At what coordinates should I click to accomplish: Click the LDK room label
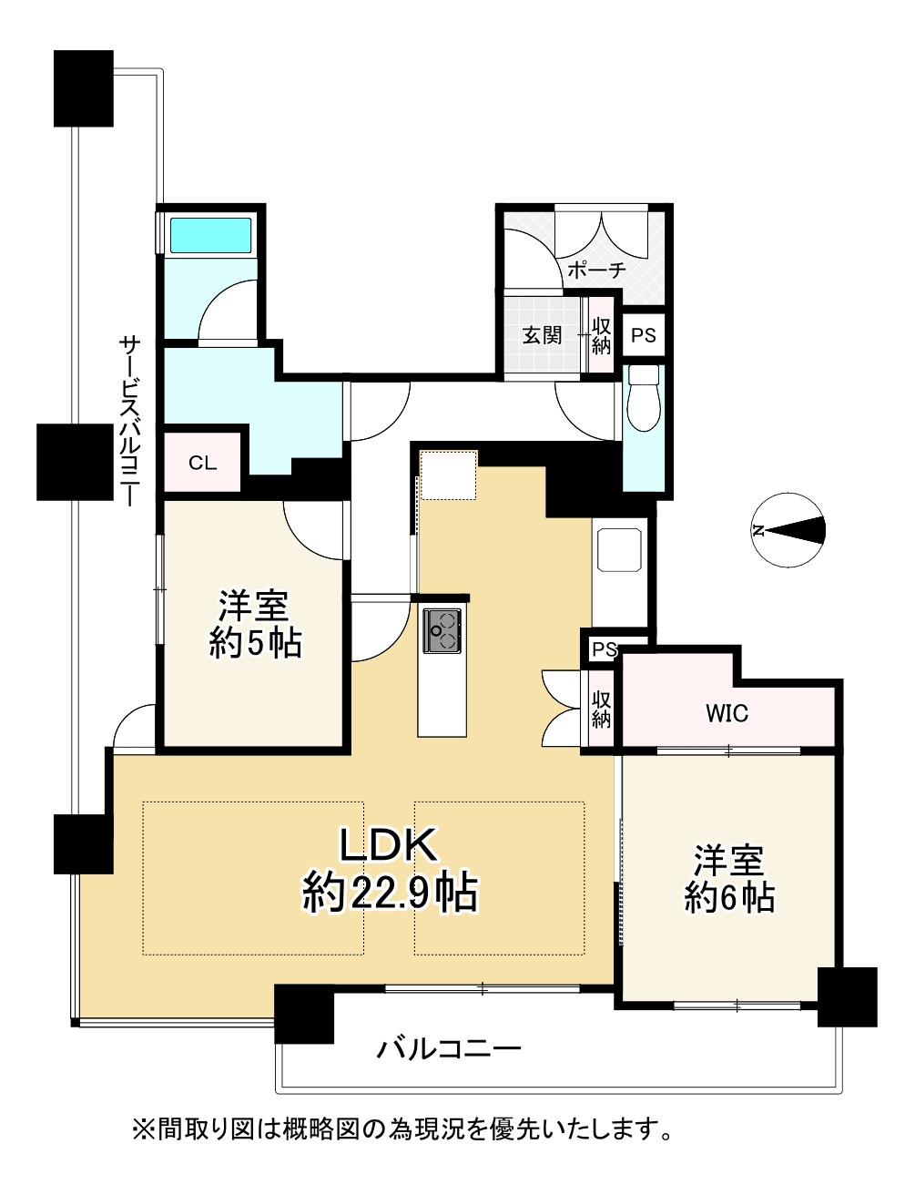390,846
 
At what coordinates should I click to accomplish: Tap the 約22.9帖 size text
390,894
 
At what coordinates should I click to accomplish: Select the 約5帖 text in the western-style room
255,643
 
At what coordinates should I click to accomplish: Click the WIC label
727,714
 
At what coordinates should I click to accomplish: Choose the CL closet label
202,463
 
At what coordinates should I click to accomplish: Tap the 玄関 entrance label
541,334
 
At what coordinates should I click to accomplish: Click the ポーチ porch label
596,271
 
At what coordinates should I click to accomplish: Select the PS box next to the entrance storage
644,334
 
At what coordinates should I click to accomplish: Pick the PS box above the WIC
604,649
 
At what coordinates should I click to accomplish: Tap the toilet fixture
644,398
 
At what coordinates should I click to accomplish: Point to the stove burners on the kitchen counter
442,629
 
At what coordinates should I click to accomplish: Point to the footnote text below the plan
403,1131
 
